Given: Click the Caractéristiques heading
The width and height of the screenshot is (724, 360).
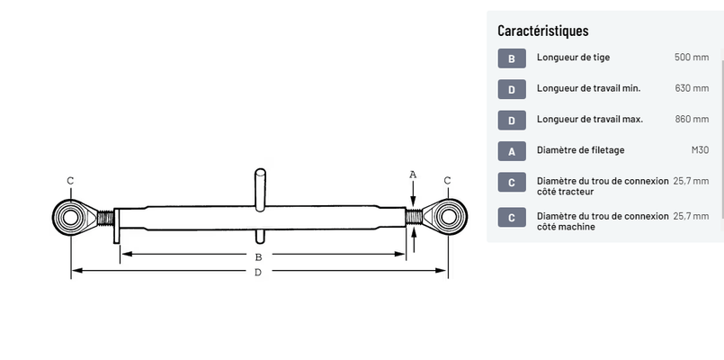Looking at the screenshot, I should click(543, 31).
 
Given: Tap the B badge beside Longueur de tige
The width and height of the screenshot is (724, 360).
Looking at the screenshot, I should click(511, 58).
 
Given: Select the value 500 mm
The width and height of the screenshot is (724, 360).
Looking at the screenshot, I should click(692, 58).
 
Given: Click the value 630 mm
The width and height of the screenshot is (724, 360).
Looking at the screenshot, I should click(692, 88).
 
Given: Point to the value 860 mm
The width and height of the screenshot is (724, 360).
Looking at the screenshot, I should click(692, 119).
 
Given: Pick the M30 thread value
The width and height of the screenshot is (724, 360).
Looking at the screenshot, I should click(700, 150).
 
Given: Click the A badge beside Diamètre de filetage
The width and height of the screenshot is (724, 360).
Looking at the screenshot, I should click(511, 151).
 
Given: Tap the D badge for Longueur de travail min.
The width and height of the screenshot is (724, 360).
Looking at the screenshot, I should click(511, 89).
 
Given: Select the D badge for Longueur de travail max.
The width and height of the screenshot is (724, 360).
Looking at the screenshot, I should click(511, 120).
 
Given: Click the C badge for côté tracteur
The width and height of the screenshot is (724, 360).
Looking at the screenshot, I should click(511, 183).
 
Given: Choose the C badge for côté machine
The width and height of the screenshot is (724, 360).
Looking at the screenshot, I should click(511, 218).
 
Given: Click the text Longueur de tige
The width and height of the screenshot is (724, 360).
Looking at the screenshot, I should click(573, 58).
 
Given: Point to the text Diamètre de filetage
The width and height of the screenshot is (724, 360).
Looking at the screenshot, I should click(580, 150).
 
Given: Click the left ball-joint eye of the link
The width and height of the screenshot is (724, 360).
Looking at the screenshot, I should click(69, 216).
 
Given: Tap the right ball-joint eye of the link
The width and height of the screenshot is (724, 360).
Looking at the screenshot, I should click(446, 216).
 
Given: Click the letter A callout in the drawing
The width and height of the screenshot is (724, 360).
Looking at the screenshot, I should click(413, 174).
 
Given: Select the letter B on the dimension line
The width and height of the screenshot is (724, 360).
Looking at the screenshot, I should click(258, 256).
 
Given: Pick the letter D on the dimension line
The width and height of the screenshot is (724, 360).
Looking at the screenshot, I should click(258, 272).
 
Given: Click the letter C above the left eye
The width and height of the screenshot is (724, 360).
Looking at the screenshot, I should click(69, 180).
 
